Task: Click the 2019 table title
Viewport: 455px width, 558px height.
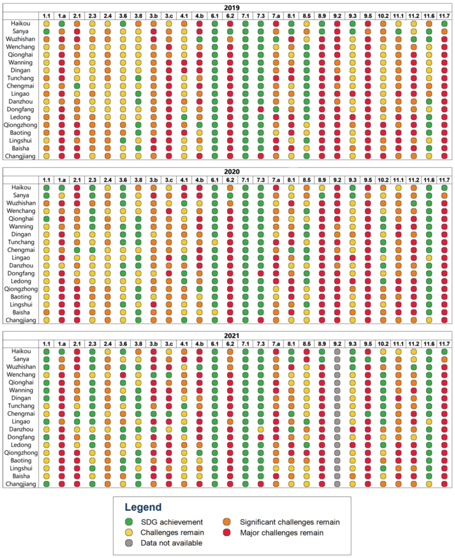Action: pos(232,8)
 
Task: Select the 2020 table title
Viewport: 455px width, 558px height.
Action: pos(232,172)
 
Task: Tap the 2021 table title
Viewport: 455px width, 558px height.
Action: pos(232,336)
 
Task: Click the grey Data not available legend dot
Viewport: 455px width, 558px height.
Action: pos(129,543)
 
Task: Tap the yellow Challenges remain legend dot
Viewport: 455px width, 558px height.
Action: pos(129,533)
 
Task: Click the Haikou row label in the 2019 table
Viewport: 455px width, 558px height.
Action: pos(20,24)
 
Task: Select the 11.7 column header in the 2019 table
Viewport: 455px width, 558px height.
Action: pos(444,16)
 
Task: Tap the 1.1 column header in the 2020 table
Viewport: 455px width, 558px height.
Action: pos(46,180)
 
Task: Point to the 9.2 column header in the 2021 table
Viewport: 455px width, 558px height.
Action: pos(337,344)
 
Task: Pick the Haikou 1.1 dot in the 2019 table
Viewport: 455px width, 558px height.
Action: pos(46,24)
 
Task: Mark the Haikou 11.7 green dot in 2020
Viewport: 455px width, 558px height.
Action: pos(444,188)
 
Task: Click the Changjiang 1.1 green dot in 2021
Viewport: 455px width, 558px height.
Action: pos(46,484)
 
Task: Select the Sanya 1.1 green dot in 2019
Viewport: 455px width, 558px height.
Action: pos(46,31)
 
